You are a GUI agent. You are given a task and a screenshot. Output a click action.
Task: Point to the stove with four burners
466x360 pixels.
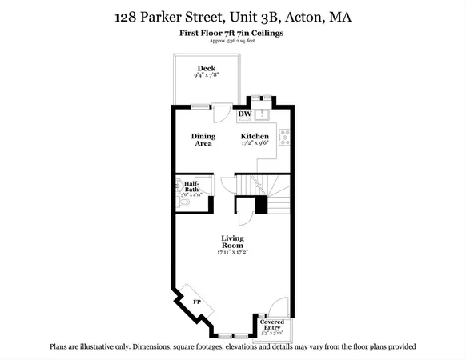point(284,137)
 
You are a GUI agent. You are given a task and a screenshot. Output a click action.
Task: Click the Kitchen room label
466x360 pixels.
point(255,137)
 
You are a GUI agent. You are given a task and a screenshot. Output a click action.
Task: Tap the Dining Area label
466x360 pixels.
point(203,140)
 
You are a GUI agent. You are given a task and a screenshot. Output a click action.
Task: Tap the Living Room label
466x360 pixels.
point(233,242)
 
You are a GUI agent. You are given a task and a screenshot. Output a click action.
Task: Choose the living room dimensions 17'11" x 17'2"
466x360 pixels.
point(233,253)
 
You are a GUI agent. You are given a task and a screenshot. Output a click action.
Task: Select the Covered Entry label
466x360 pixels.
point(272,325)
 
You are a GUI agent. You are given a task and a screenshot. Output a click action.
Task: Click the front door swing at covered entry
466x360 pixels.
point(275,308)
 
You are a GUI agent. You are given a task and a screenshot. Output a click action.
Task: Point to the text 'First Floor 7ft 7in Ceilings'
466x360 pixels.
point(232,33)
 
